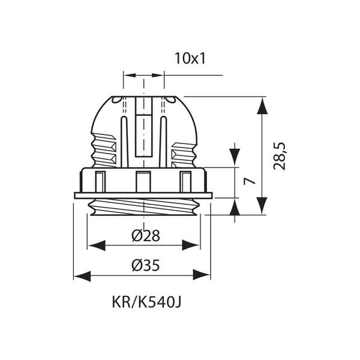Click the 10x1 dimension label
point(190,58)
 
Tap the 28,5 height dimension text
point(280,156)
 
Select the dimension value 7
point(250,181)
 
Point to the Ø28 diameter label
point(146,235)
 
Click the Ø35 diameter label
point(146,265)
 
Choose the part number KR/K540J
point(146,302)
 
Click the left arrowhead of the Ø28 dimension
point(97,245)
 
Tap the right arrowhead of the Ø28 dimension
point(191,245)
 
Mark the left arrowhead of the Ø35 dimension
point(82,276)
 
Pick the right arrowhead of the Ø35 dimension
point(202,275)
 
